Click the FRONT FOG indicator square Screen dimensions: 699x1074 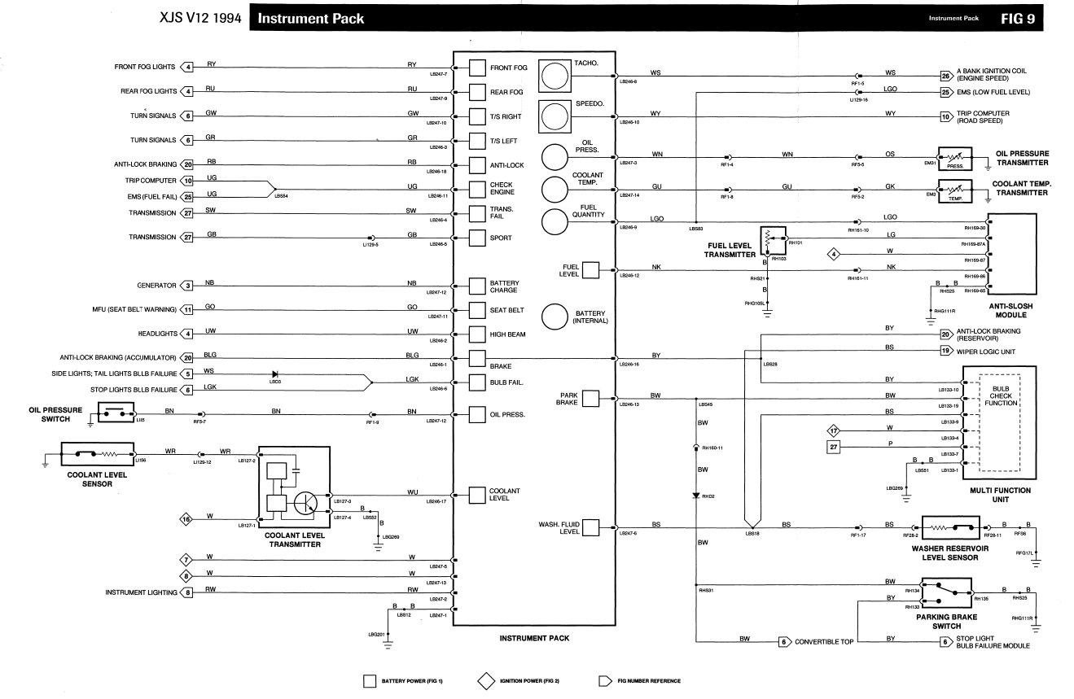478,68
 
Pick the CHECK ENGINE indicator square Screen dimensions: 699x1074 478,189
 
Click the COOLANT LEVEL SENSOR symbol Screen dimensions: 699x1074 90,453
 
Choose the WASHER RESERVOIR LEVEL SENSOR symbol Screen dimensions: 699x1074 954,529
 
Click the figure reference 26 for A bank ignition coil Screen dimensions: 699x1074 946,74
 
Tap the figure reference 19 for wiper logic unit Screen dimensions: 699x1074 946,351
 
